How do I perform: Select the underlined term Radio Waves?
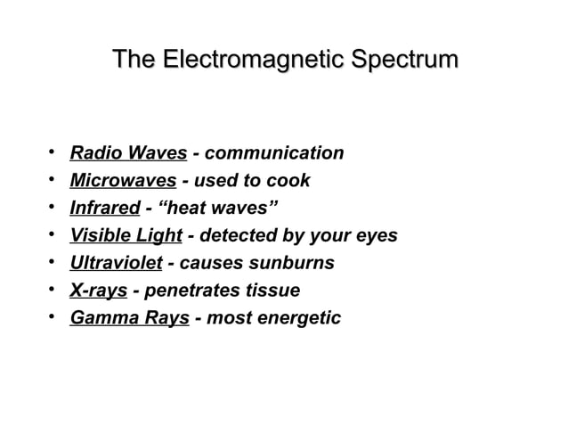[128, 153]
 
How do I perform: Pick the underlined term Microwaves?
[123, 181]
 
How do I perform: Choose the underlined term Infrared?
[105, 209]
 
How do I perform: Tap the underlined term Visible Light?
[126, 236]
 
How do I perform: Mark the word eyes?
[377, 236]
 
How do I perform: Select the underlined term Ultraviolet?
[116, 264]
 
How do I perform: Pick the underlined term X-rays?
[99, 291]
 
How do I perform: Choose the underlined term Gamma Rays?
[130, 318]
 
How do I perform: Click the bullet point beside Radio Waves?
[53, 152]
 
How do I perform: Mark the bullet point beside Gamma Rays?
[53, 317]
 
